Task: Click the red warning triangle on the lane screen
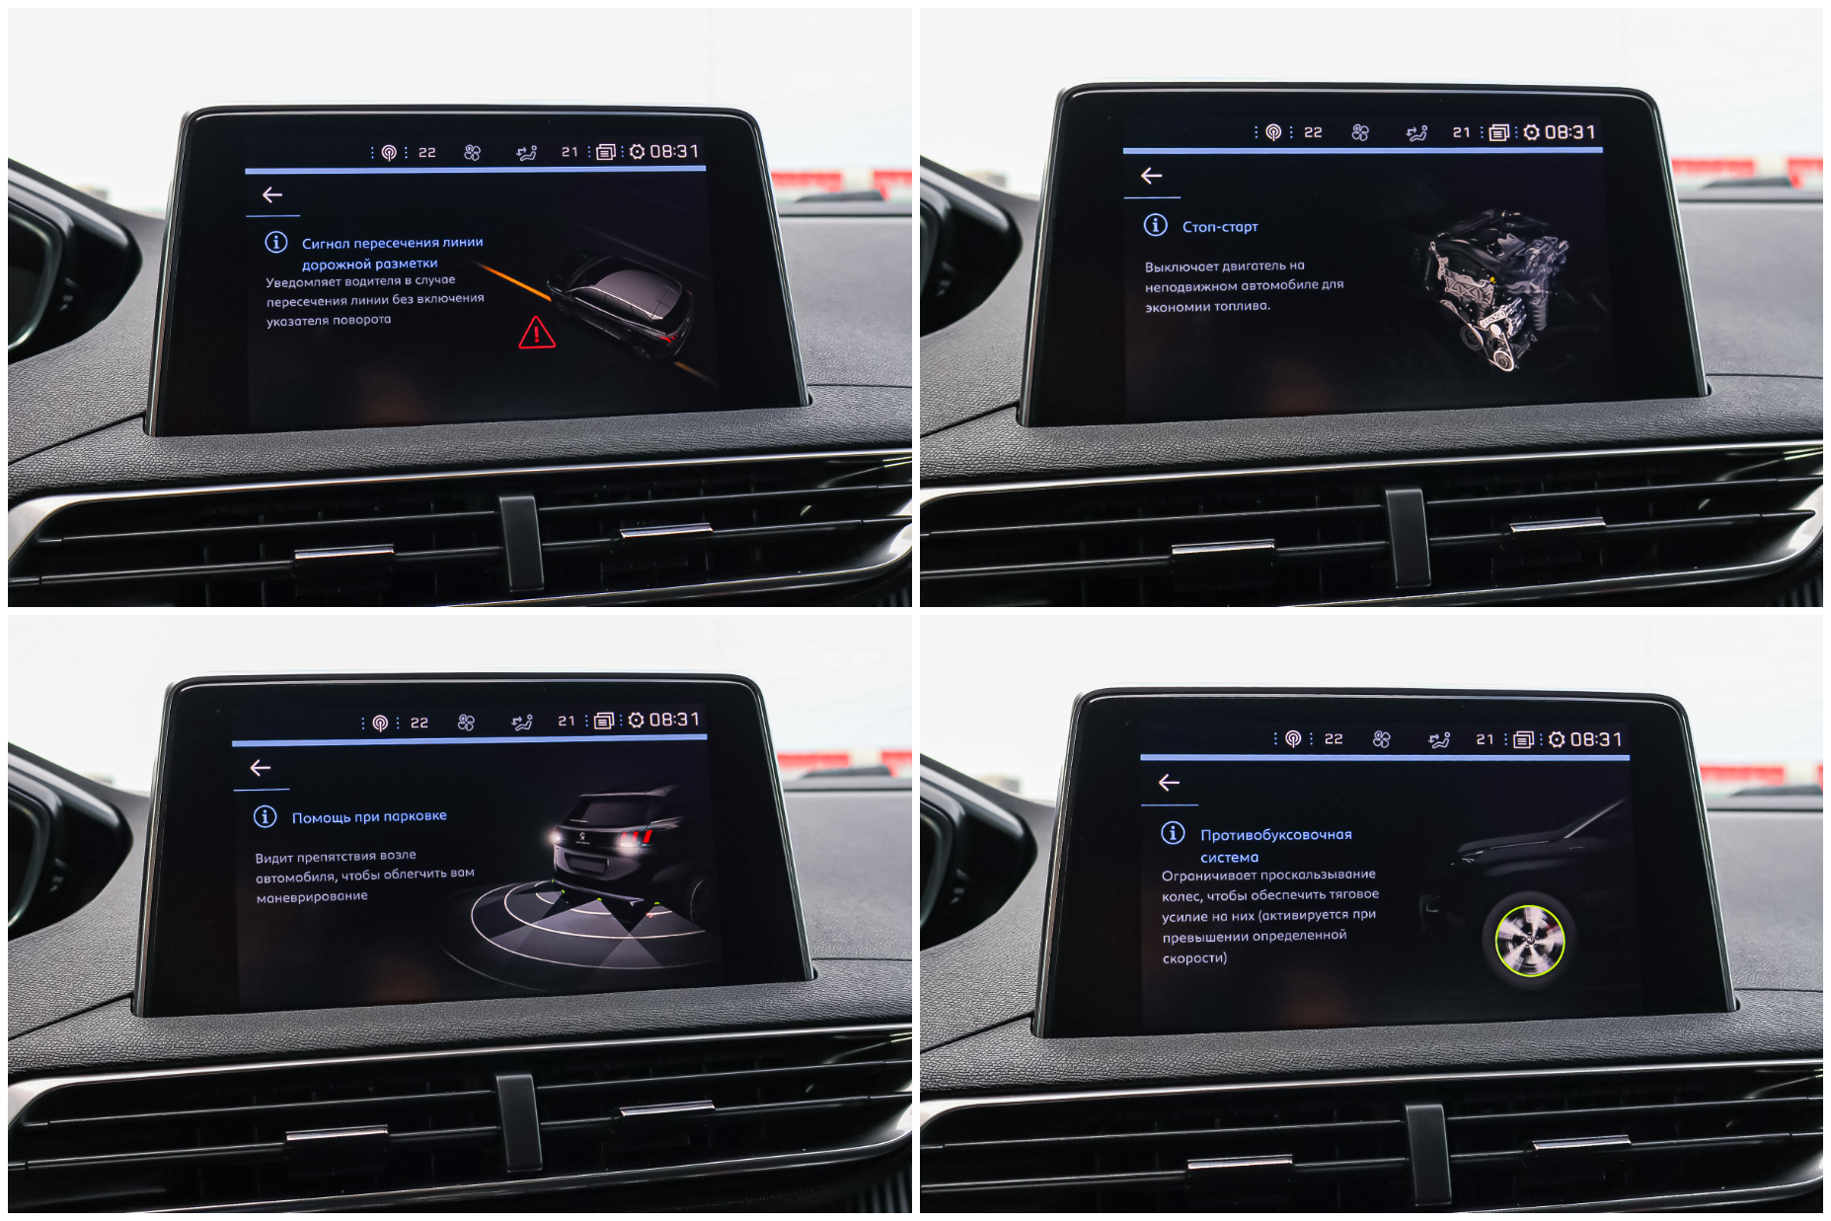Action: tap(536, 333)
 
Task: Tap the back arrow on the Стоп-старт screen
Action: tap(1151, 176)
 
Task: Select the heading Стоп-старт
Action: tap(1220, 227)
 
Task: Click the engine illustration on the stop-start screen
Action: tap(1495, 289)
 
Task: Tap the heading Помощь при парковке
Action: tap(369, 816)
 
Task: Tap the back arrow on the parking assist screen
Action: tap(261, 768)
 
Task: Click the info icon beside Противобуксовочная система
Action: tap(1173, 833)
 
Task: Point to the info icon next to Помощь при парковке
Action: tap(265, 816)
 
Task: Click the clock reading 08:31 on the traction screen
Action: tap(1596, 739)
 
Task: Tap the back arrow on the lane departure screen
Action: tap(272, 195)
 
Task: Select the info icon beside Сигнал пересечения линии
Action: tap(276, 242)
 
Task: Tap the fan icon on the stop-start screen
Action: tap(1360, 132)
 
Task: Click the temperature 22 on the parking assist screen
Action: tap(420, 723)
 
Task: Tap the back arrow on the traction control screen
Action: tap(1169, 783)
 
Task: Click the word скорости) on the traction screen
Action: tap(1195, 958)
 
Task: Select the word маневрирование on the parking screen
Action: tap(312, 897)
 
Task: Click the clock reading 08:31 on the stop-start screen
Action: tap(1570, 132)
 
